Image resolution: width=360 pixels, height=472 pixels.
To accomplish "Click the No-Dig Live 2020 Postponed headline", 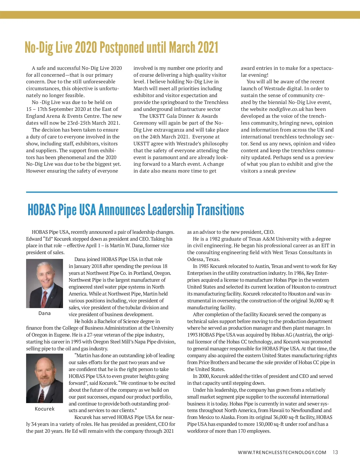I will click(121, 47).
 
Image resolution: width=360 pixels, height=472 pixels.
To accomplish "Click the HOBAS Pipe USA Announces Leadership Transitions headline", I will click(136, 210).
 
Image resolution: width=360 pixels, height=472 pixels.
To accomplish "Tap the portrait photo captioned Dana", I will click(44, 283).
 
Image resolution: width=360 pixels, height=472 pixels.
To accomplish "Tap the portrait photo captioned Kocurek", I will click(44, 378).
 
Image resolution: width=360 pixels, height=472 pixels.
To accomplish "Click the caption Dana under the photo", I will click(44, 313).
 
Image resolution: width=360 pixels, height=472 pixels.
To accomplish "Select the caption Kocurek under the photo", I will click(44, 409).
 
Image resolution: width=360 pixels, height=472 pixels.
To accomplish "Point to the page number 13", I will click(335, 452).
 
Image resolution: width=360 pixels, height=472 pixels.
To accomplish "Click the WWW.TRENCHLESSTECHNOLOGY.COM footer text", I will click(282, 453).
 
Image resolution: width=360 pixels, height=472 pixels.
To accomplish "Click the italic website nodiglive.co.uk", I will click(286, 109).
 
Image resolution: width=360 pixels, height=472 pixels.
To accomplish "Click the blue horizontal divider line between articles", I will click(181, 192).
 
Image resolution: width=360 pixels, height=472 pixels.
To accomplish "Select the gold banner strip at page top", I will click(180, 15).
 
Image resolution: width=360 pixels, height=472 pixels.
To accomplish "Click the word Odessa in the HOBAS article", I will click(195, 259).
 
